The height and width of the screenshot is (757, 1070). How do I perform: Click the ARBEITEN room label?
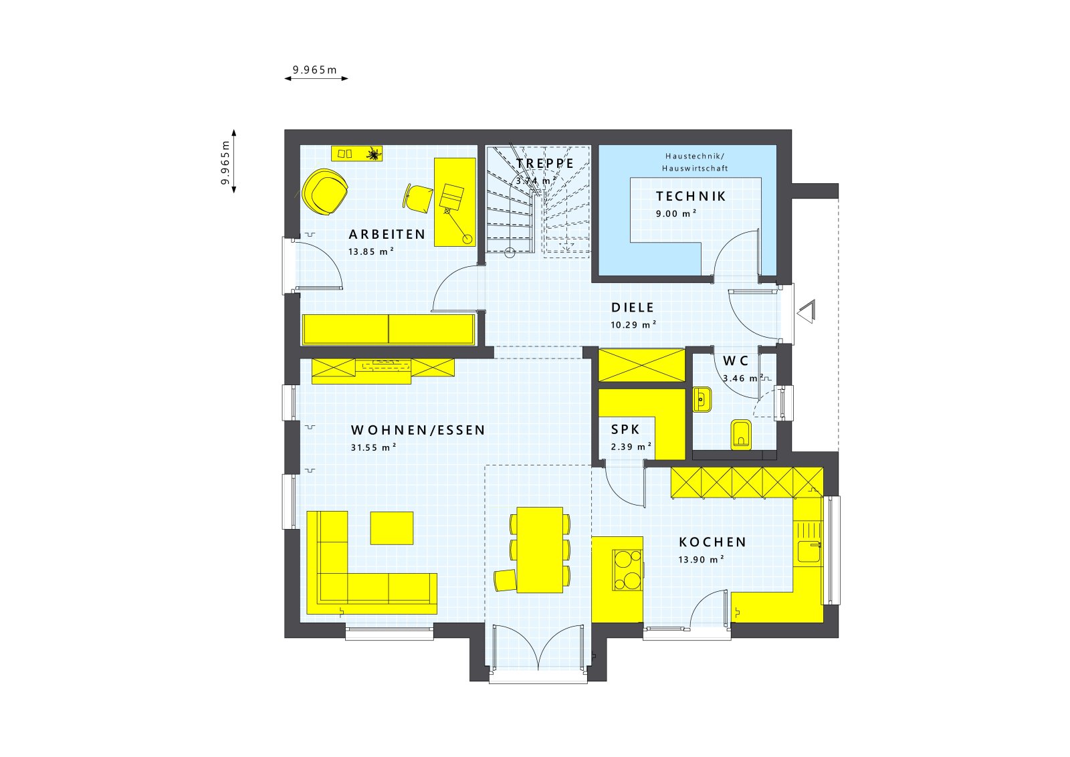387,235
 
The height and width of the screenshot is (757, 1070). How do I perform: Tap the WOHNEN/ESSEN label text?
418,431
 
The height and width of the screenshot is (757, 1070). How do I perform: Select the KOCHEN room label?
712,542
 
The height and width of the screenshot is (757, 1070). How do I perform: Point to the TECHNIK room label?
691,197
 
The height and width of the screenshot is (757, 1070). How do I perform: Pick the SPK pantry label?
625,430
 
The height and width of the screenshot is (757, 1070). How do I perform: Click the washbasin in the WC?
702,400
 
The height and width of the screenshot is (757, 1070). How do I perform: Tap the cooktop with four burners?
627,570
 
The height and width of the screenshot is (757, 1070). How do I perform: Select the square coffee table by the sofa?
392,528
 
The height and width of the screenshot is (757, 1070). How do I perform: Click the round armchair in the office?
326,192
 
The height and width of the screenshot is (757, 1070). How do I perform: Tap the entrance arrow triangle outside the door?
807,312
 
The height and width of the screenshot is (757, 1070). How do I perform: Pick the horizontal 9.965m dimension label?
314,70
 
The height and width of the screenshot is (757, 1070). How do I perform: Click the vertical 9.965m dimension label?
225,163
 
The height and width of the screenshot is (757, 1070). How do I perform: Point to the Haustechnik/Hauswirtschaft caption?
695,162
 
